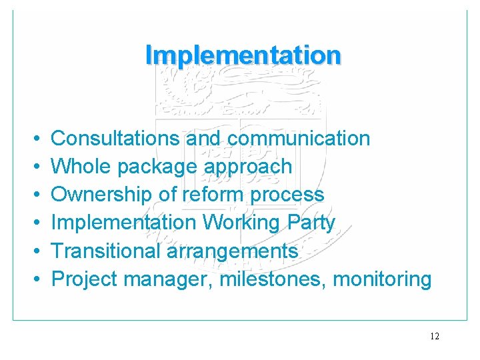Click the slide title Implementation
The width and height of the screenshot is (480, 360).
tap(243, 55)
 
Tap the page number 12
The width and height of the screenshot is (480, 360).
tap(435, 337)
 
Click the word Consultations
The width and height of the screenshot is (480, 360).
tap(115, 138)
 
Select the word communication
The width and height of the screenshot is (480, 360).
tap(298, 138)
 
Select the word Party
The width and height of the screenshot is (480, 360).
tap(311, 223)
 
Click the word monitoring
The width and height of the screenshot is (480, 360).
tap(382, 279)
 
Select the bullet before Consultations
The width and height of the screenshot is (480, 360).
tap(33, 139)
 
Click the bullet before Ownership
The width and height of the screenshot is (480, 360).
tap(33, 195)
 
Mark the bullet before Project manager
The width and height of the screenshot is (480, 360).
tap(33, 279)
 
